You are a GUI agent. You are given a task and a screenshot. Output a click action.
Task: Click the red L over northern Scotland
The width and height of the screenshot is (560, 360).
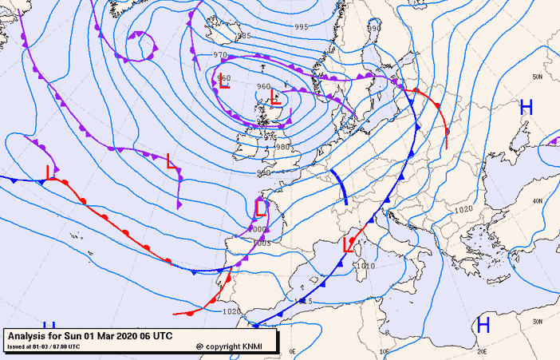(x=275, y=98)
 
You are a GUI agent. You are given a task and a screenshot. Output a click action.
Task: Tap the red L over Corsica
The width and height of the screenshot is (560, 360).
(x=347, y=244)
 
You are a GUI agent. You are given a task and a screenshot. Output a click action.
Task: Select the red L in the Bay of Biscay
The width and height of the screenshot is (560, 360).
(x=261, y=208)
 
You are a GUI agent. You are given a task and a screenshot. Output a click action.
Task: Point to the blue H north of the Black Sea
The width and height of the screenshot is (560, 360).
(x=526, y=107)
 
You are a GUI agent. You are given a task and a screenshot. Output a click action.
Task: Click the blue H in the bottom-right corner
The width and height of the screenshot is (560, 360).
(x=483, y=324)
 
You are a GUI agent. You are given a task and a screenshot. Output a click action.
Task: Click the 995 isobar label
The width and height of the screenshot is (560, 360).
(x=301, y=27)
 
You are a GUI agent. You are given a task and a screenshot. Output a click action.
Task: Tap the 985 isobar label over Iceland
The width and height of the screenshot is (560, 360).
(x=244, y=36)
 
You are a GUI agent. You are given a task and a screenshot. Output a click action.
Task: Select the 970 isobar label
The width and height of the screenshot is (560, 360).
(x=221, y=55)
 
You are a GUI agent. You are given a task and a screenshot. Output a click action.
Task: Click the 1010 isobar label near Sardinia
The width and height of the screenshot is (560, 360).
(x=366, y=266)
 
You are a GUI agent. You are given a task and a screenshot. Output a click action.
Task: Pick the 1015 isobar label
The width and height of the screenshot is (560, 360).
(x=303, y=301)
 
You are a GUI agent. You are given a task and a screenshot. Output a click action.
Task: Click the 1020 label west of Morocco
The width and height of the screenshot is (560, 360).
(x=231, y=312)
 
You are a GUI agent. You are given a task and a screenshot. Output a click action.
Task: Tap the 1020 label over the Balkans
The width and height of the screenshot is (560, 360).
(x=463, y=210)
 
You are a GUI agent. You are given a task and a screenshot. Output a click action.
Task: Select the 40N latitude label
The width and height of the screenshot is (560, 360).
(x=538, y=200)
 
